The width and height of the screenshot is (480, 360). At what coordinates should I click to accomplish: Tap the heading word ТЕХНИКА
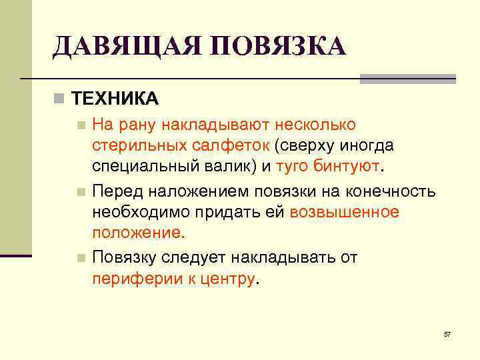pyautogui.click(x=115, y=99)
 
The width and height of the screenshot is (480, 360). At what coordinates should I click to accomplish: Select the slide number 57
pyautogui.click(x=447, y=333)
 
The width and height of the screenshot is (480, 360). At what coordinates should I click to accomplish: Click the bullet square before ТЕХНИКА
pyautogui.click(x=60, y=99)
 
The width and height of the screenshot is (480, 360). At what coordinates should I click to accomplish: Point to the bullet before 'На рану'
pyautogui.click(x=81, y=125)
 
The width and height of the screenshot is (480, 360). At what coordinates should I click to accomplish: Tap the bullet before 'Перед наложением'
pyautogui.click(x=81, y=193)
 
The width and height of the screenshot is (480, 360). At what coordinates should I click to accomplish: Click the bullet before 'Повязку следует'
pyautogui.click(x=81, y=258)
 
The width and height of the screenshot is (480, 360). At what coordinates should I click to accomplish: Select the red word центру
pyautogui.click(x=227, y=279)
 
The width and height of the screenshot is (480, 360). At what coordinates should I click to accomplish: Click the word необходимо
pyautogui.click(x=139, y=212)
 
